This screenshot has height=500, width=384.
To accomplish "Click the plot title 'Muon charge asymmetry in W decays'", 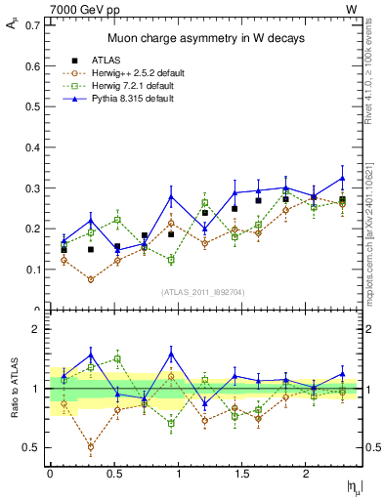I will pyautogui.click(x=205, y=38).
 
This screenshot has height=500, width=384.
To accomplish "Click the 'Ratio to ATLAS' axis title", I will pyautogui.click(x=13, y=389).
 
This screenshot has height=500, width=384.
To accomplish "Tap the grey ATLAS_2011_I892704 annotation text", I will pyautogui.click(x=205, y=291).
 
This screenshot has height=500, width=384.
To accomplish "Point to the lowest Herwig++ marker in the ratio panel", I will pyautogui.click(x=91, y=447).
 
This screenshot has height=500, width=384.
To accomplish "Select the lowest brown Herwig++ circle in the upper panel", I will pyautogui.click(x=91, y=279).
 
